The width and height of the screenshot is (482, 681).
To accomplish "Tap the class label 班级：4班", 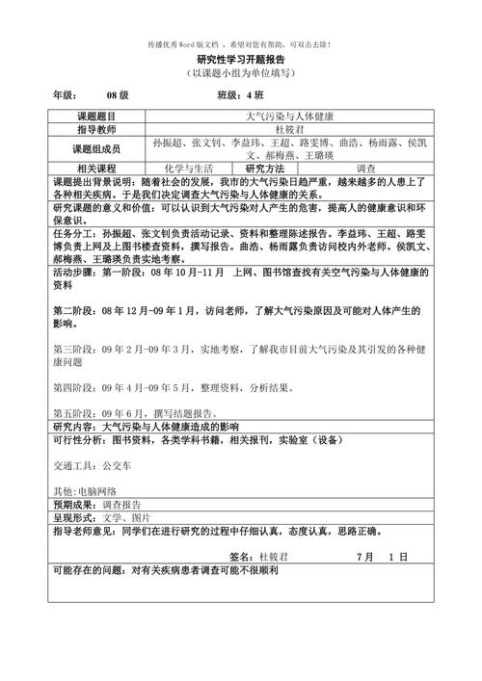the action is click(x=240, y=95).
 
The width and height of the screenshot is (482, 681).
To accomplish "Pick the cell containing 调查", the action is click(x=371, y=168).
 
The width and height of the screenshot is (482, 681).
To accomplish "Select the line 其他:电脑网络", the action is click(x=85, y=490).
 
